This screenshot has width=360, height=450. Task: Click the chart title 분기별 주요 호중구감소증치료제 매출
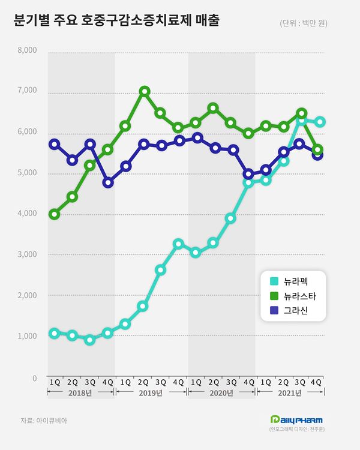click(x=116, y=20)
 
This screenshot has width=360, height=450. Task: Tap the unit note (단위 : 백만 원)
click(x=304, y=23)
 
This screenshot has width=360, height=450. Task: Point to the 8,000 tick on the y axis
click(x=27, y=50)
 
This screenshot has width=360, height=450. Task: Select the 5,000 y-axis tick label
click(x=27, y=172)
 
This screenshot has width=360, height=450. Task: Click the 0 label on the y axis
click(x=34, y=378)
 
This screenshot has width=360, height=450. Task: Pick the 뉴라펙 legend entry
click(x=289, y=281)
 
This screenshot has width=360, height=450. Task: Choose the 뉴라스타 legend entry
click(x=293, y=296)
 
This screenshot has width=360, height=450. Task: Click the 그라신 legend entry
click(x=289, y=310)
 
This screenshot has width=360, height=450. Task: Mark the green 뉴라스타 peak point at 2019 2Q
click(x=145, y=92)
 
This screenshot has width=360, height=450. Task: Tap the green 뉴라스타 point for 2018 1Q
click(x=54, y=214)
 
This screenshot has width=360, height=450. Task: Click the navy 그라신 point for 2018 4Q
click(x=108, y=182)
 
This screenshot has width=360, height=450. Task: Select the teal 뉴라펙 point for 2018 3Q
click(x=90, y=340)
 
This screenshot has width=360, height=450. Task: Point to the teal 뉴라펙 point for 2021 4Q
click(x=320, y=122)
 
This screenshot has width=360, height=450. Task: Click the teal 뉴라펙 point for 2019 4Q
click(x=178, y=244)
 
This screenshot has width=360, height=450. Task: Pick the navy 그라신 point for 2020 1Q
click(x=197, y=138)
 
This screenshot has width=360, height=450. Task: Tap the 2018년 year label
click(x=80, y=392)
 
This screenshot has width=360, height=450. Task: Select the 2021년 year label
click(x=290, y=392)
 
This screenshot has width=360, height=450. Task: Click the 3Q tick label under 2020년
click(x=232, y=382)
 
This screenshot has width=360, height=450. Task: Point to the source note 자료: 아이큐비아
click(x=44, y=421)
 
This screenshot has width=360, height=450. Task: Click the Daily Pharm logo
click(x=296, y=420)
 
